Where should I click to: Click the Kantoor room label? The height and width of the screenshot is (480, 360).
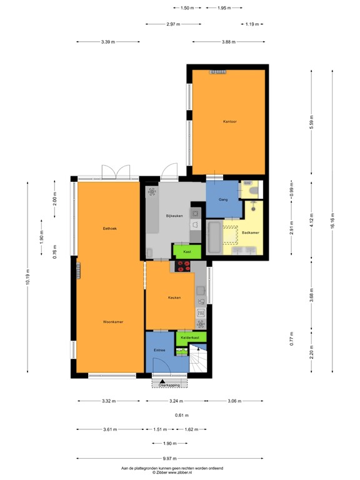click(229, 121)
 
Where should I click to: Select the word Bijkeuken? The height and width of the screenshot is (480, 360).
click(174, 216)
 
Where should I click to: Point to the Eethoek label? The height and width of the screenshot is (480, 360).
click(110, 229)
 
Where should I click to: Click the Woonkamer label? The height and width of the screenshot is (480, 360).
click(113, 321)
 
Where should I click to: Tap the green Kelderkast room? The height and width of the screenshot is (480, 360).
click(189, 337)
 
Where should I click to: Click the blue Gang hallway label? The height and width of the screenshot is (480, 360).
click(222, 199)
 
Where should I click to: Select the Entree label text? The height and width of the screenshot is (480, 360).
click(159, 350)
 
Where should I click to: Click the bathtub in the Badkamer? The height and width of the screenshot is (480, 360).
click(214, 237)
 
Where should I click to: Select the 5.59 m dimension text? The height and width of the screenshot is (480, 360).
click(312, 123)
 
